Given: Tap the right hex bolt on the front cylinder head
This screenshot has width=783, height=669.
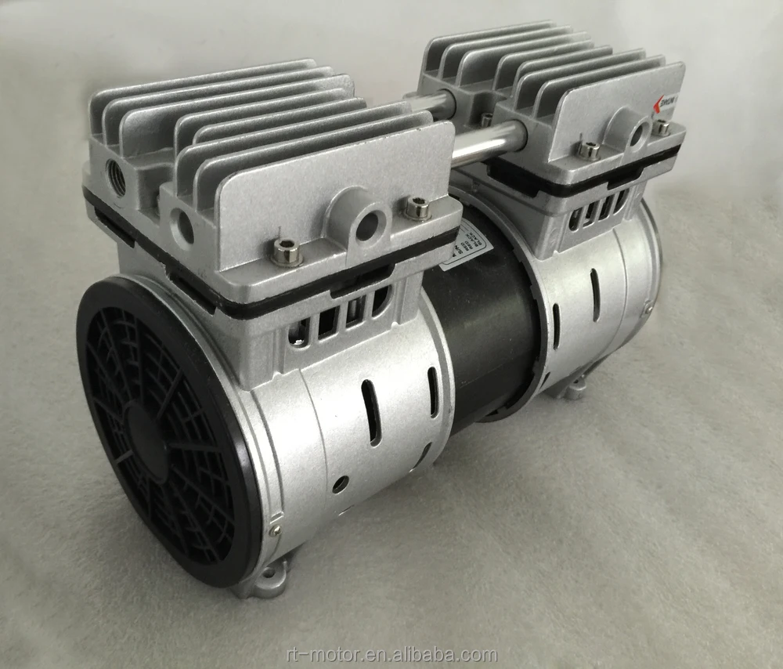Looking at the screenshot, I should [x=417, y=208].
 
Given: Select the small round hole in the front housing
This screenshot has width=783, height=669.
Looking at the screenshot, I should [x=340, y=484].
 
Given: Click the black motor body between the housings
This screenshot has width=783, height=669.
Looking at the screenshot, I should [x=489, y=329].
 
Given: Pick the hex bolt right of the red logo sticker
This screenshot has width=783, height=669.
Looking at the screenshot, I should [x=662, y=127].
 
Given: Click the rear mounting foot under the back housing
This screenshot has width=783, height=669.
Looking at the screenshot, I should [x=575, y=385].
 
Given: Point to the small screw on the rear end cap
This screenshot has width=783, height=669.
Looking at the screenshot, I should [x=647, y=310].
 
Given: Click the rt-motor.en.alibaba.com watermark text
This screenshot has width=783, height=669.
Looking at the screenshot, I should [x=391, y=655].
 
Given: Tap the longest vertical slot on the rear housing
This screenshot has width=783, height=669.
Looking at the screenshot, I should [x=595, y=295].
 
